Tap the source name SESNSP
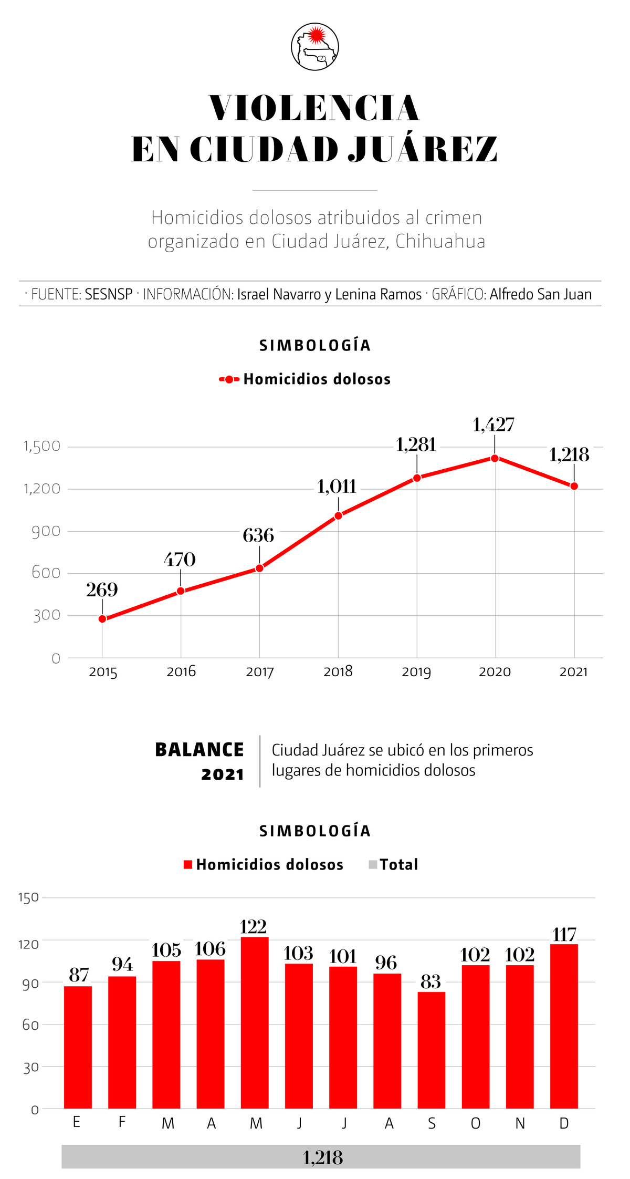pos(109,294)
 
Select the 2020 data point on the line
pos(495,458)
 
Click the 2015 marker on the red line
pos(102,619)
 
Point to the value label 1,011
pos(337,487)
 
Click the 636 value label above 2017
pos(258,535)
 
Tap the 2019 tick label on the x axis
pos(416,672)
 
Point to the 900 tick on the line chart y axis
pos(46,531)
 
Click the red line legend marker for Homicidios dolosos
pos(229,379)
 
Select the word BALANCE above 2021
pos(199,750)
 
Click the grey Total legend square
pos(373,865)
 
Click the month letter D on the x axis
pos(564,1123)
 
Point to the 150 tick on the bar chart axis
pos(29,897)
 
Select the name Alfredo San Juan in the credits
pos(540,294)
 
